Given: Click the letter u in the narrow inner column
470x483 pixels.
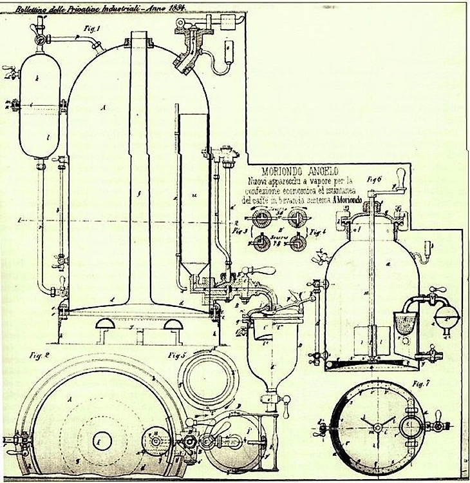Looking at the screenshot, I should (x=193, y=193).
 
